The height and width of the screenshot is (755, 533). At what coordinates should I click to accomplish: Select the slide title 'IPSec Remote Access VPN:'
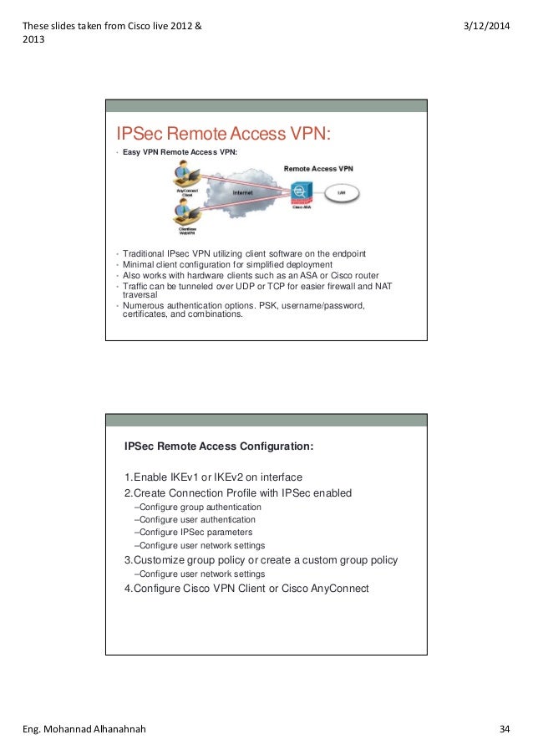click(224, 134)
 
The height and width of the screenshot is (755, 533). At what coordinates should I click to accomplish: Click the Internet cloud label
click(243, 193)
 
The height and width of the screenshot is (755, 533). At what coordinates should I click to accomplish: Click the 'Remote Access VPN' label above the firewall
click(318, 168)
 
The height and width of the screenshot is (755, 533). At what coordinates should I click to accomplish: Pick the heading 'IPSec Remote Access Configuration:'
click(219, 446)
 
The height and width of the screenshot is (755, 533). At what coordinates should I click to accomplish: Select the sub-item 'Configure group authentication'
click(198, 507)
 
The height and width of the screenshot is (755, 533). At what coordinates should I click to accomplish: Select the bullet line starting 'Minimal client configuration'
click(227, 265)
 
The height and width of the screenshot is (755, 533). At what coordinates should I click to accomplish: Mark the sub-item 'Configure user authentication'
click(195, 519)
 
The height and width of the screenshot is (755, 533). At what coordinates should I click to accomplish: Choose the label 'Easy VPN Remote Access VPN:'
click(180, 153)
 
